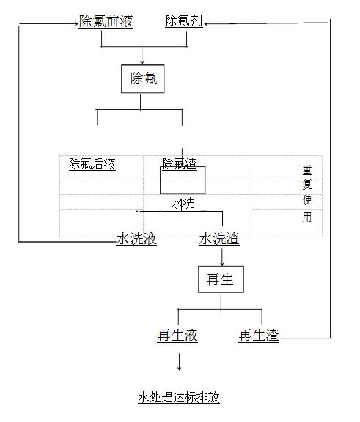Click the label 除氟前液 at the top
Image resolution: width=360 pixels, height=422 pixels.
tap(106, 21)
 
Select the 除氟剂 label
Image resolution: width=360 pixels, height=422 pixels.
tap(184, 21)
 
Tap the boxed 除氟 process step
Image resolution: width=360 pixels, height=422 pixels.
tap(143, 79)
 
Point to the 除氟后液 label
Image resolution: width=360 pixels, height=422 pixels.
tap(92, 164)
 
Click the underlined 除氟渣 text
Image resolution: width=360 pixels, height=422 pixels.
tap(180, 163)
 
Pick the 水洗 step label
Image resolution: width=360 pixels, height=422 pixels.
tap(183, 203)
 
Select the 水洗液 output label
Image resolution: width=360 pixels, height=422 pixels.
tap(136, 239)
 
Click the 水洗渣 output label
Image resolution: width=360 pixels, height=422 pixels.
tap(219, 239)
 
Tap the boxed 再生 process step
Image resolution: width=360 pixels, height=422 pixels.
tap(221, 279)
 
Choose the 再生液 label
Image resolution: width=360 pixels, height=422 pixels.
tap(177, 336)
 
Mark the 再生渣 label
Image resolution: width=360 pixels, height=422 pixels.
tap(259, 336)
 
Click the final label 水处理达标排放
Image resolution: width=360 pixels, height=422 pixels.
tap(179, 397)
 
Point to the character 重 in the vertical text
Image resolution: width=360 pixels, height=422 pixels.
tap(307, 171)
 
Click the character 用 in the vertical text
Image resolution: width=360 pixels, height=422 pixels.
tap(307, 217)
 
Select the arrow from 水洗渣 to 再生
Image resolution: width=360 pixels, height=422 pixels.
tap(222, 257)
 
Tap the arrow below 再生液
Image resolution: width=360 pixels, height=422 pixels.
tap(180, 362)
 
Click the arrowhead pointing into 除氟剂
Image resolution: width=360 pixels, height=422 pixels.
tap(207, 23)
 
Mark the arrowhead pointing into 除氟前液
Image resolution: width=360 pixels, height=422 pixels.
tap(76, 23)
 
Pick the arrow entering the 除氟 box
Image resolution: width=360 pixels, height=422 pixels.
tap(142, 56)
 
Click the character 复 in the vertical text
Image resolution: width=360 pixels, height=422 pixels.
tap(307, 185)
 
